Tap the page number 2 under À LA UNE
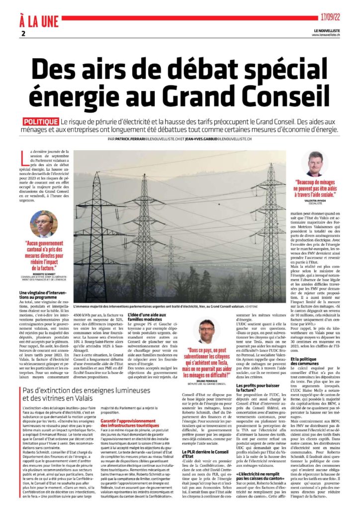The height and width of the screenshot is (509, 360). [23, 33]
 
